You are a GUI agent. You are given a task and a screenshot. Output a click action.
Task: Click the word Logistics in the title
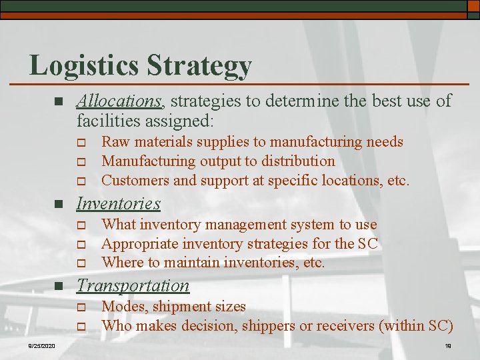(x=83, y=65)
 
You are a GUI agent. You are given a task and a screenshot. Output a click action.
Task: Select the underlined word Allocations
(x=119, y=101)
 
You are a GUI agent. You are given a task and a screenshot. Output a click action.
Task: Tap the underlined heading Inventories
(x=119, y=203)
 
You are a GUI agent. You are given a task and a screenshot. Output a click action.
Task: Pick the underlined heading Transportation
(x=133, y=285)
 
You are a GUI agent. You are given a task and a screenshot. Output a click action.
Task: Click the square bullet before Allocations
(x=58, y=102)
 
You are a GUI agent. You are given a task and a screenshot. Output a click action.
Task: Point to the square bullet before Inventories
(x=58, y=204)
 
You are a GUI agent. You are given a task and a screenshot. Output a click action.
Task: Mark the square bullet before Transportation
(x=58, y=287)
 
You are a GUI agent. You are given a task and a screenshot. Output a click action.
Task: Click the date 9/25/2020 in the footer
(x=41, y=345)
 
